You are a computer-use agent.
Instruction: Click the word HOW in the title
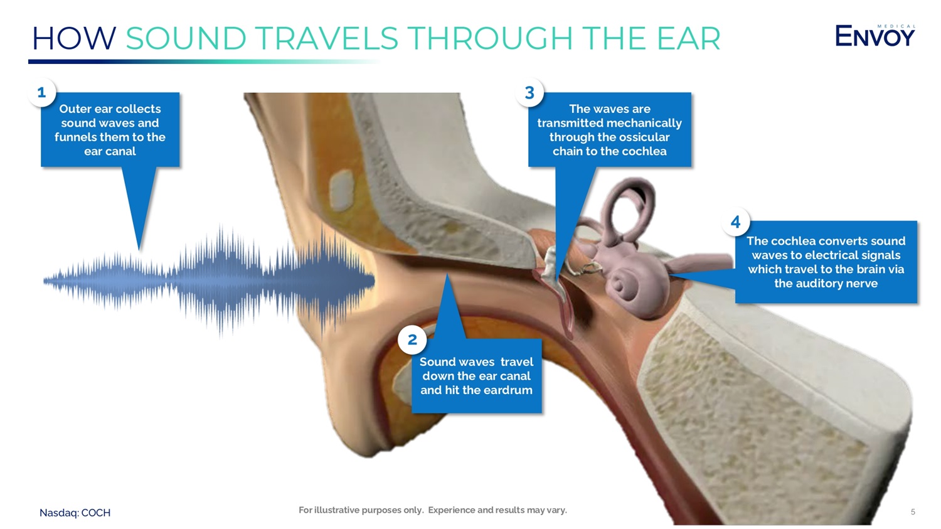74,38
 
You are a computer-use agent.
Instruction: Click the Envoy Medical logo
875,35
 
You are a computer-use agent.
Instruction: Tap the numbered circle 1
41,92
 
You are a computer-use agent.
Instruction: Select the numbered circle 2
413,339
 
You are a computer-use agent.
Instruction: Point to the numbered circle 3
529,92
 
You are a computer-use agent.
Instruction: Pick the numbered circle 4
736,222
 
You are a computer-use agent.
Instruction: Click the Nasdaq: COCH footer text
75,513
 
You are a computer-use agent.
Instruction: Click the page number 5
913,512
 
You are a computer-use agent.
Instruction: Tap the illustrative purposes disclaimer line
433,510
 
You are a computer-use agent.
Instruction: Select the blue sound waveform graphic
209,281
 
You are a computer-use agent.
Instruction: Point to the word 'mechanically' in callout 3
647,123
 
